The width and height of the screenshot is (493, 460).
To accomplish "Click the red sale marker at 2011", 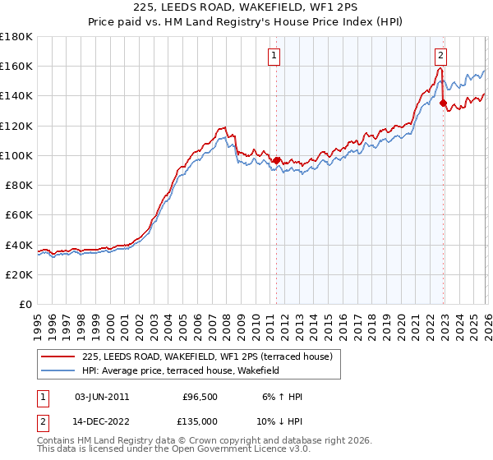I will coord(276,161).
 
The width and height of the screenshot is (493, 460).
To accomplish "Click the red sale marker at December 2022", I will coord(444,103).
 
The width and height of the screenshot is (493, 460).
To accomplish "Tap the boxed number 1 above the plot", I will coord(273,56).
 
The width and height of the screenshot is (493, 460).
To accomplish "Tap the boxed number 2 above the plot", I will coord(440,56).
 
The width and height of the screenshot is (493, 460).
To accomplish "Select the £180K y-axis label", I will coord(16,37).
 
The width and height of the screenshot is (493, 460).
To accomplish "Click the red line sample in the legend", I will coord(58,356).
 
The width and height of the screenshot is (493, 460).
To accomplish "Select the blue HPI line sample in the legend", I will coord(58,370).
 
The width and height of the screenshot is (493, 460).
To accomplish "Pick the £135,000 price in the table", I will coord(200,421).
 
